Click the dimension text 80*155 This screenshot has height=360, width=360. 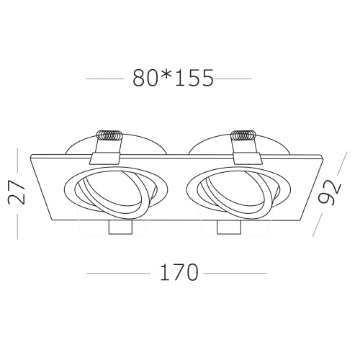(174, 78)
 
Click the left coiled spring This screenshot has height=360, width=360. (111, 135)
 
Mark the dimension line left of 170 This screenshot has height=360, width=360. (118, 273)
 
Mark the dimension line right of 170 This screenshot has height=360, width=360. (236, 273)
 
